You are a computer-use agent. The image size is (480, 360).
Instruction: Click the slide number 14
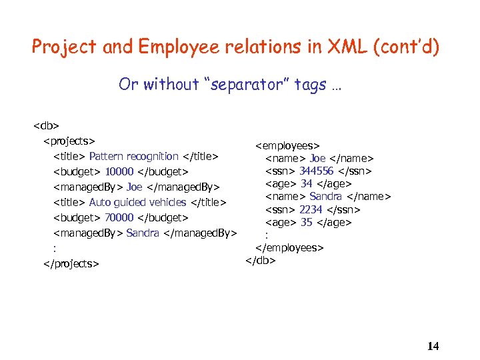pyautogui.click(x=433, y=346)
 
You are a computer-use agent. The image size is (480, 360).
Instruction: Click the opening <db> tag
pyautogui.click(x=47, y=125)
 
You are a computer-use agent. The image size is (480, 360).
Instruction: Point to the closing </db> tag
pyautogui.click(x=261, y=259)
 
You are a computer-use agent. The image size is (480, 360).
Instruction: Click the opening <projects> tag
pyautogui.click(x=69, y=140)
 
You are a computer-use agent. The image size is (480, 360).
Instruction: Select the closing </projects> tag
pyautogui.click(x=71, y=263)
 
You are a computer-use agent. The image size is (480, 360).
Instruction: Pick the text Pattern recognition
pyautogui.click(x=133, y=156)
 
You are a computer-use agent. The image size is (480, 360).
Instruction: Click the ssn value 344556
pyautogui.click(x=316, y=171)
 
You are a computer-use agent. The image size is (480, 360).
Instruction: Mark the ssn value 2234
pyautogui.click(x=311, y=209)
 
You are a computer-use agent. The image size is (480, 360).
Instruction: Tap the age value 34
pyautogui.click(x=306, y=183)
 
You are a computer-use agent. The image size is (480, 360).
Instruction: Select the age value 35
pyautogui.click(x=306, y=222)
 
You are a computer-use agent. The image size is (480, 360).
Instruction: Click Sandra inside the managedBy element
pyautogui.click(x=143, y=233)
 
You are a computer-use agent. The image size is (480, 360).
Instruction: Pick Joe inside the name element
pyautogui.click(x=317, y=158)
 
